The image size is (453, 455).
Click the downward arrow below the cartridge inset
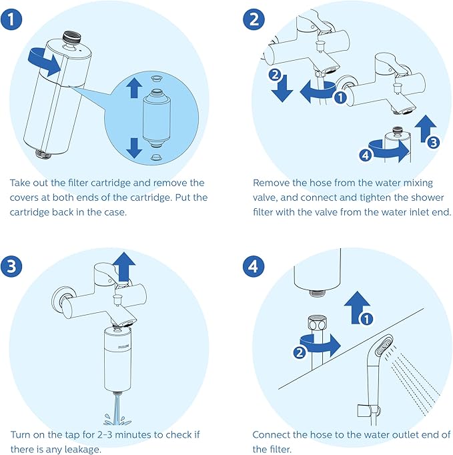(134, 146)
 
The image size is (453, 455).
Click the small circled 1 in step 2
(340, 98)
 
